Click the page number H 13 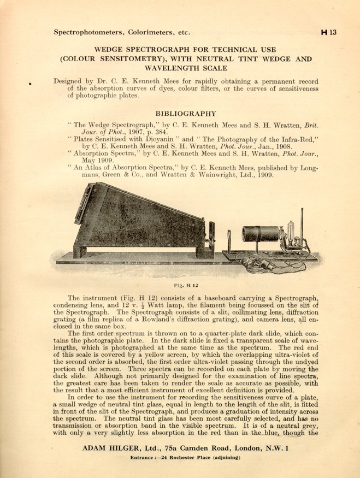329,32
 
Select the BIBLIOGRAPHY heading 186,114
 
